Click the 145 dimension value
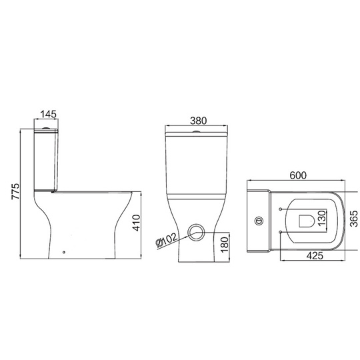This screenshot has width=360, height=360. coord(49,114)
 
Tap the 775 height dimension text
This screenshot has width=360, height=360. coord(16,191)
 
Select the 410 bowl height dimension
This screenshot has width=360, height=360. coord(137,223)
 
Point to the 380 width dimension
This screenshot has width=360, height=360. coord(199,121)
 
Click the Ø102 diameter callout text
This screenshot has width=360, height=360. coord(167,241)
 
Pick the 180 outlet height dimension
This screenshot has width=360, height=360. coord(225,245)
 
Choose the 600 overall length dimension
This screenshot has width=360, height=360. coord(298,175)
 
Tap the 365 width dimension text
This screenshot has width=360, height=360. coord(353,219)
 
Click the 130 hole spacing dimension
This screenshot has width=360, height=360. coord(322,218)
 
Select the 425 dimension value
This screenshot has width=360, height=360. coord(315,256)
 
